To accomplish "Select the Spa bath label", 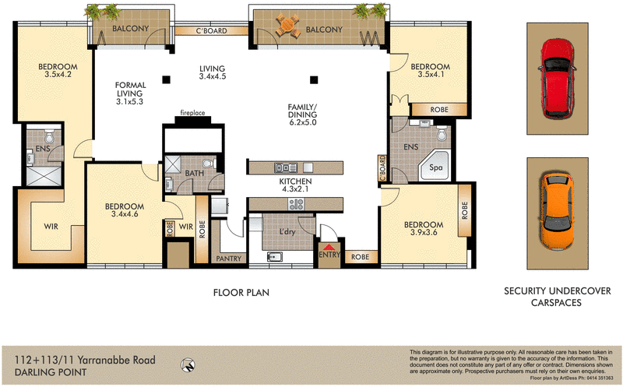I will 437,166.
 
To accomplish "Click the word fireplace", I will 192,113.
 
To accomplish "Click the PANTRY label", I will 229,259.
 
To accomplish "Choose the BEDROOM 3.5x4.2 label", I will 58,71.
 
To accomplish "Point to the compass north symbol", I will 185,362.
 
